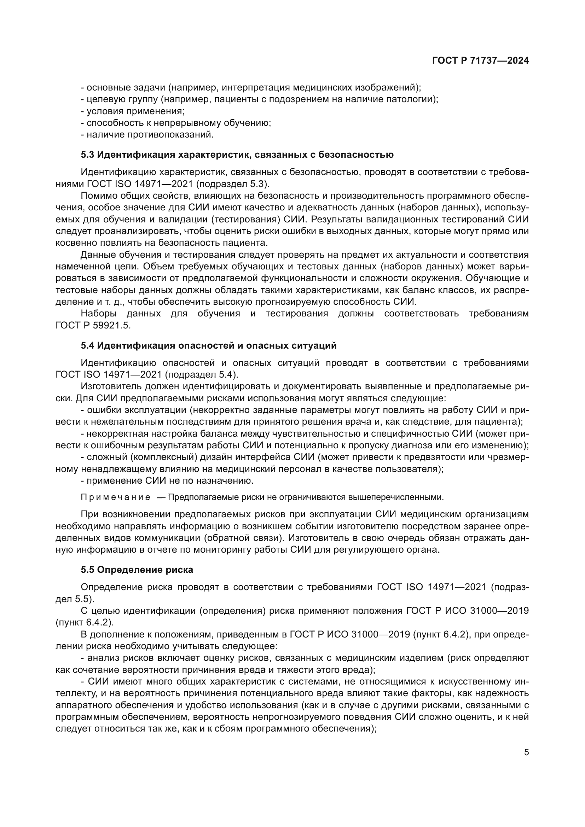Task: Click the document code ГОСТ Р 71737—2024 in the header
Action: point(480,61)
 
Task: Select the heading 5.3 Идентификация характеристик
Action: point(237,155)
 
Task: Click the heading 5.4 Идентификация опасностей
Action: point(209,345)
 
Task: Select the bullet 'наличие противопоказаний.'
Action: point(147,135)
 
